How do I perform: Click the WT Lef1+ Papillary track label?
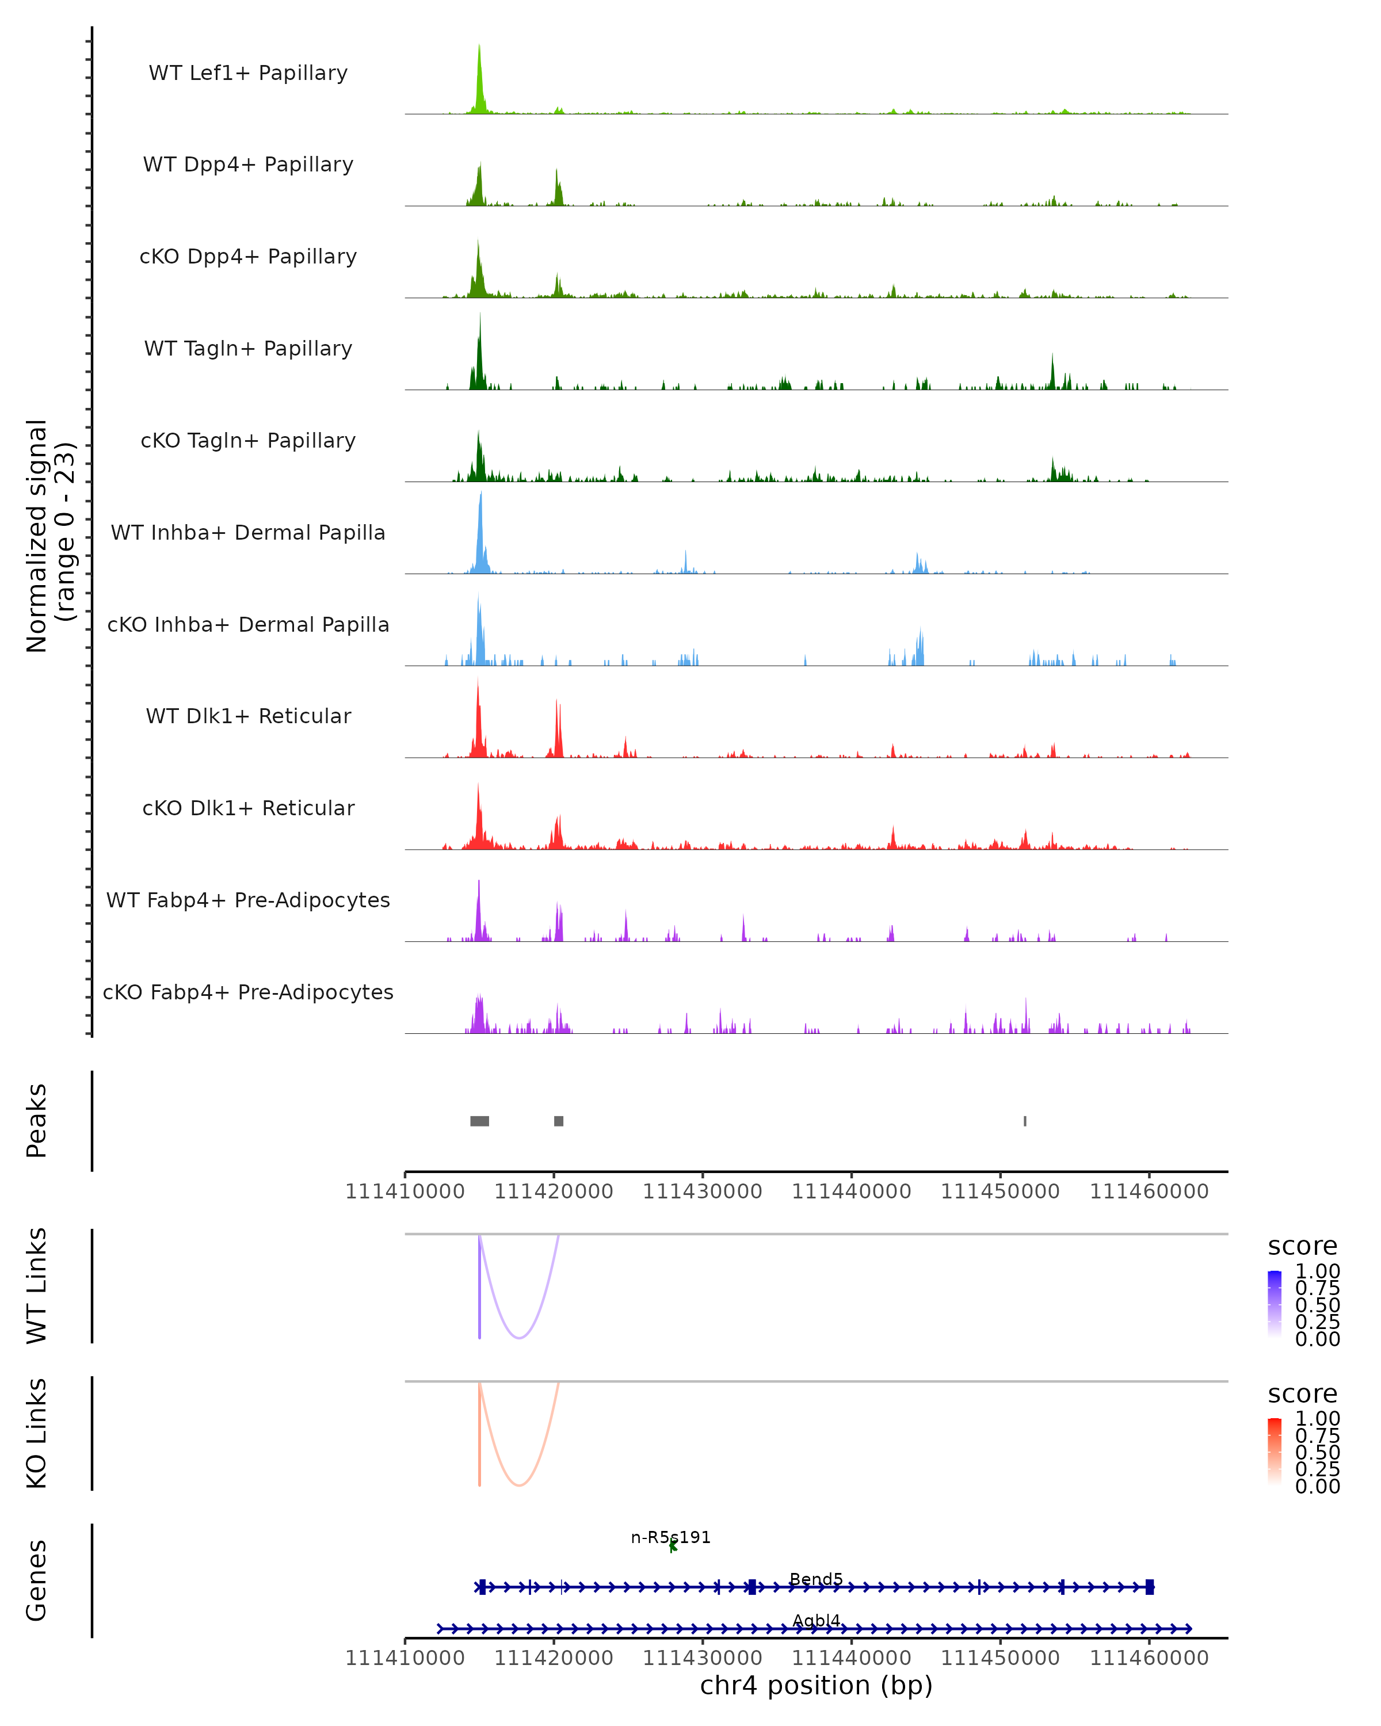(x=248, y=73)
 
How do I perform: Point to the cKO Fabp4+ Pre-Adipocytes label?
(x=248, y=992)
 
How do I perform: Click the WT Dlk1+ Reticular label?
(x=248, y=716)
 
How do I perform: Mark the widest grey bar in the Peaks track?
(x=479, y=1121)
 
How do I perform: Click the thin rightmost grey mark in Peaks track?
(x=1025, y=1121)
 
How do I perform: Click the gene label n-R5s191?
(x=670, y=1537)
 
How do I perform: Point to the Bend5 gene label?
(x=816, y=1579)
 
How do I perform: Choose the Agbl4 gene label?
(x=816, y=1621)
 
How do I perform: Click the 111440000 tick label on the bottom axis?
(x=851, y=1658)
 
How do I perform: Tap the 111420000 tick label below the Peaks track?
(x=553, y=1192)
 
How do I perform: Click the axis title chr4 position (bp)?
(x=816, y=1686)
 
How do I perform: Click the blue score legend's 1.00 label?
(x=1317, y=1271)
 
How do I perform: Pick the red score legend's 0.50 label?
(x=1317, y=1452)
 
